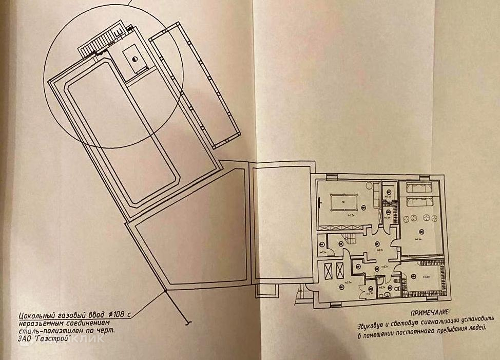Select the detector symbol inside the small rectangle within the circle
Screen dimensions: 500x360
[134, 60]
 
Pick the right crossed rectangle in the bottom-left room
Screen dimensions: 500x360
[339, 269]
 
